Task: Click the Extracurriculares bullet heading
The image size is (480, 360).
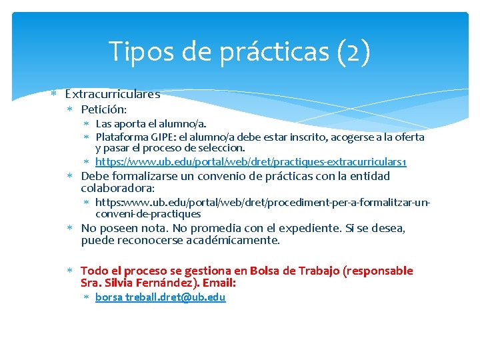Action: click(112, 94)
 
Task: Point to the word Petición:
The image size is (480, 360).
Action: click(103, 109)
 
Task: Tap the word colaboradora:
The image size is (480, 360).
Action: click(117, 189)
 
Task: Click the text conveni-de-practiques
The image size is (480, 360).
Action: click(148, 213)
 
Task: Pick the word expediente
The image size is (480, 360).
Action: click(308, 228)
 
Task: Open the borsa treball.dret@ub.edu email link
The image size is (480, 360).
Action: click(160, 297)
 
